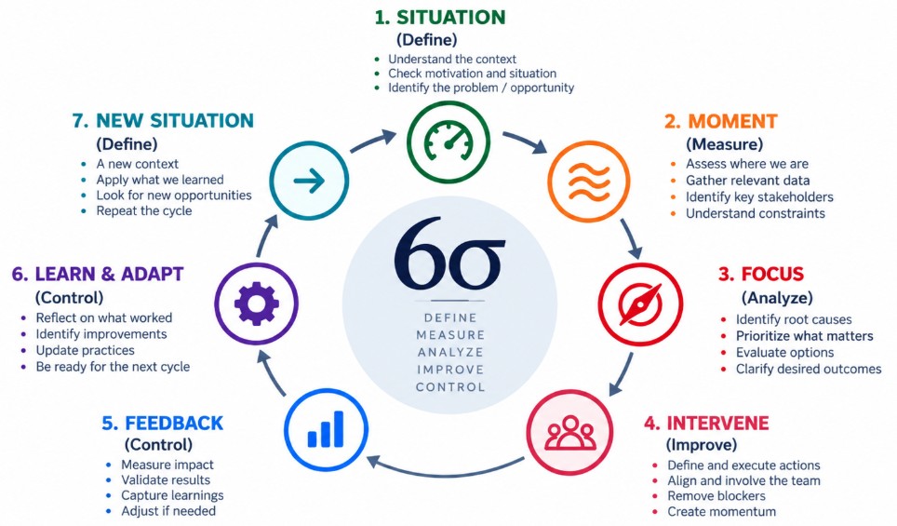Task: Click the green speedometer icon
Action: click(448, 142)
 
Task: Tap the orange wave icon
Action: click(589, 182)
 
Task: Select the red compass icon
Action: click(640, 303)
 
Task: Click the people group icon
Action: click(569, 433)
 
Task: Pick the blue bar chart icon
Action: click(326, 429)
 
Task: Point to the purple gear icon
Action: click(256, 303)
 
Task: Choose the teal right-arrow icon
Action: click(309, 181)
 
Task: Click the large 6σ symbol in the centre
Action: click(449, 252)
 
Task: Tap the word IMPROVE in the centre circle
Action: click(450, 370)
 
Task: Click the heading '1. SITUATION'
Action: click(440, 17)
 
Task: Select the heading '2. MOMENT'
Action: click(721, 121)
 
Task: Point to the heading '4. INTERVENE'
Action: click(706, 423)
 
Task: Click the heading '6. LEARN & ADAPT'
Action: click(98, 274)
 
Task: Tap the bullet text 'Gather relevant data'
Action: click(748, 181)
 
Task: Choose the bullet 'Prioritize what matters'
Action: click(804, 336)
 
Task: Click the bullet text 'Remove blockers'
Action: click(716, 495)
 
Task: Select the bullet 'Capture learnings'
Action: click(172, 495)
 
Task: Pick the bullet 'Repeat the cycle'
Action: click(144, 210)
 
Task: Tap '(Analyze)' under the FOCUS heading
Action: click(777, 298)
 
